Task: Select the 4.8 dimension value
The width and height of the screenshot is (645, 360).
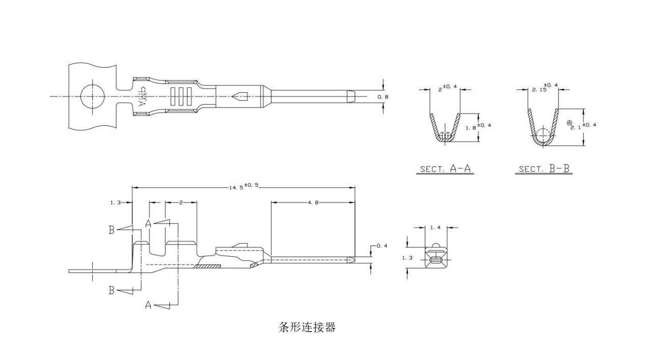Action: pos(313,202)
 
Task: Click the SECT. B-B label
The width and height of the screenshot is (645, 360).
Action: pos(544,169)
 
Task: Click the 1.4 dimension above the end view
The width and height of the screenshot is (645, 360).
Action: pos(435,227)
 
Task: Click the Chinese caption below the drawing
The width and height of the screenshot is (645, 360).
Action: pos(307,327)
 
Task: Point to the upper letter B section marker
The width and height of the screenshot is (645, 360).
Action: pos(111,230)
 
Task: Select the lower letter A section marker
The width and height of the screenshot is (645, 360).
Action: pos(148,305)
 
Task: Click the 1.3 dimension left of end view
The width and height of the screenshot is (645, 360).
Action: pos(407,258)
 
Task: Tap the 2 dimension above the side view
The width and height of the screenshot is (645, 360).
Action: pos(181,202)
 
